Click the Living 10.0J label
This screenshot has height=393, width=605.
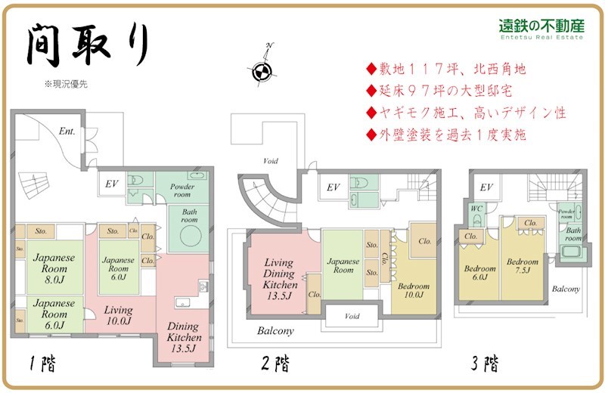[x=118, y=315]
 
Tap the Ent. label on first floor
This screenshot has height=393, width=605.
[x=67, y=131]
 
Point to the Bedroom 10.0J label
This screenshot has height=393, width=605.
[x=414, y=292]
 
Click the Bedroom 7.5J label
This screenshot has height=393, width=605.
[x=523, y=267]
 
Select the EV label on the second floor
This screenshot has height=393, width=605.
[x=332, y=187]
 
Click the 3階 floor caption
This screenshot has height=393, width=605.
[x=484, y=365]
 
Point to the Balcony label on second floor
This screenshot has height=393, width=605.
[x=275, y=331]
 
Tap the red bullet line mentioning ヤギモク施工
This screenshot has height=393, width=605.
[x=466, y=113]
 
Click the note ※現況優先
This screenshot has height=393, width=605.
[x=66, y=85]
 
